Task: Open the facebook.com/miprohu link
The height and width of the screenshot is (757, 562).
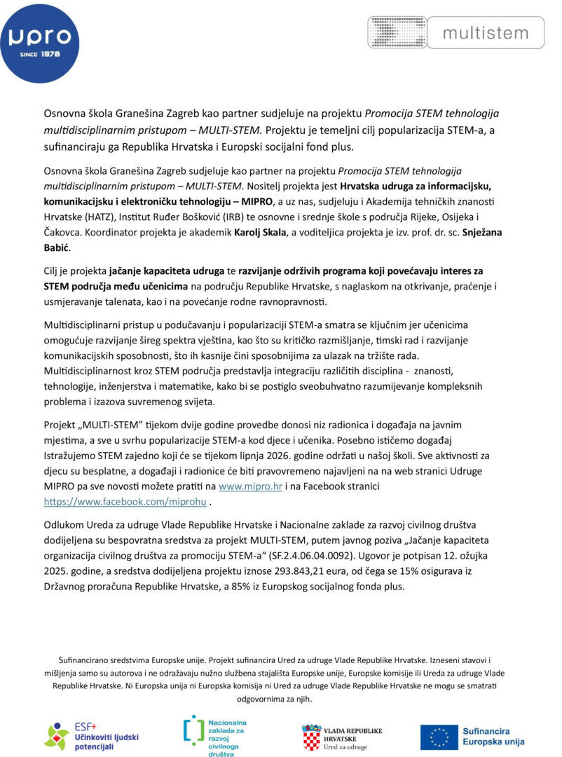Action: (126, 502)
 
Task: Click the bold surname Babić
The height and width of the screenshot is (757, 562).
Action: (57, 248)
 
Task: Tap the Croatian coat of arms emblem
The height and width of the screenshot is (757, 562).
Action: (311, 738)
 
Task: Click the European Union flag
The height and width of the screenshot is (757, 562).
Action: (439, 737)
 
